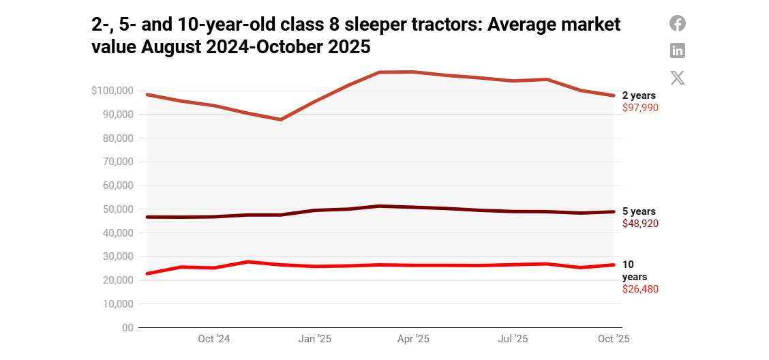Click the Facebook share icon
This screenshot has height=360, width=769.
pos(677,23)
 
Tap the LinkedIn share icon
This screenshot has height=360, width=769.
pos(677,50)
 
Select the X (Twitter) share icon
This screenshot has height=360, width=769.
pos(677,78)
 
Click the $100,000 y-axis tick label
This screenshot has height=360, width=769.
pos(112,91)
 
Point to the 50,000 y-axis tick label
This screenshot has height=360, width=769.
pos(118,209)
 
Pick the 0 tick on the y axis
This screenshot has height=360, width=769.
pos(127,328)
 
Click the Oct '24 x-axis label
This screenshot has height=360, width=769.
pos(214,339)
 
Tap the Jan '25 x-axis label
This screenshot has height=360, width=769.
pos(315,339)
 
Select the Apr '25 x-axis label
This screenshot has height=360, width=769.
pos(413,339)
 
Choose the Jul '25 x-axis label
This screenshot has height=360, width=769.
pos(513,339)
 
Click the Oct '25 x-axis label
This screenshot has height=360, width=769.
pos(614,339)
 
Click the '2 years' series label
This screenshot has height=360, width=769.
pos(639,96)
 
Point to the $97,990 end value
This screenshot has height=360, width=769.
pos(640,108)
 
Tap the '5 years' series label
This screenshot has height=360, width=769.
pos(639,212)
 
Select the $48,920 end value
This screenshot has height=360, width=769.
pos(640,224)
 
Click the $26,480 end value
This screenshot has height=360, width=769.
pos(640,289)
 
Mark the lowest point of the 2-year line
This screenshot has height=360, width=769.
pos(281,119)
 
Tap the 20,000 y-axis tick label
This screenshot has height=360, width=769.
pos(118,280)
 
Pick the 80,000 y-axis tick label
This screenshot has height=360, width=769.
pos(118,138)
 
